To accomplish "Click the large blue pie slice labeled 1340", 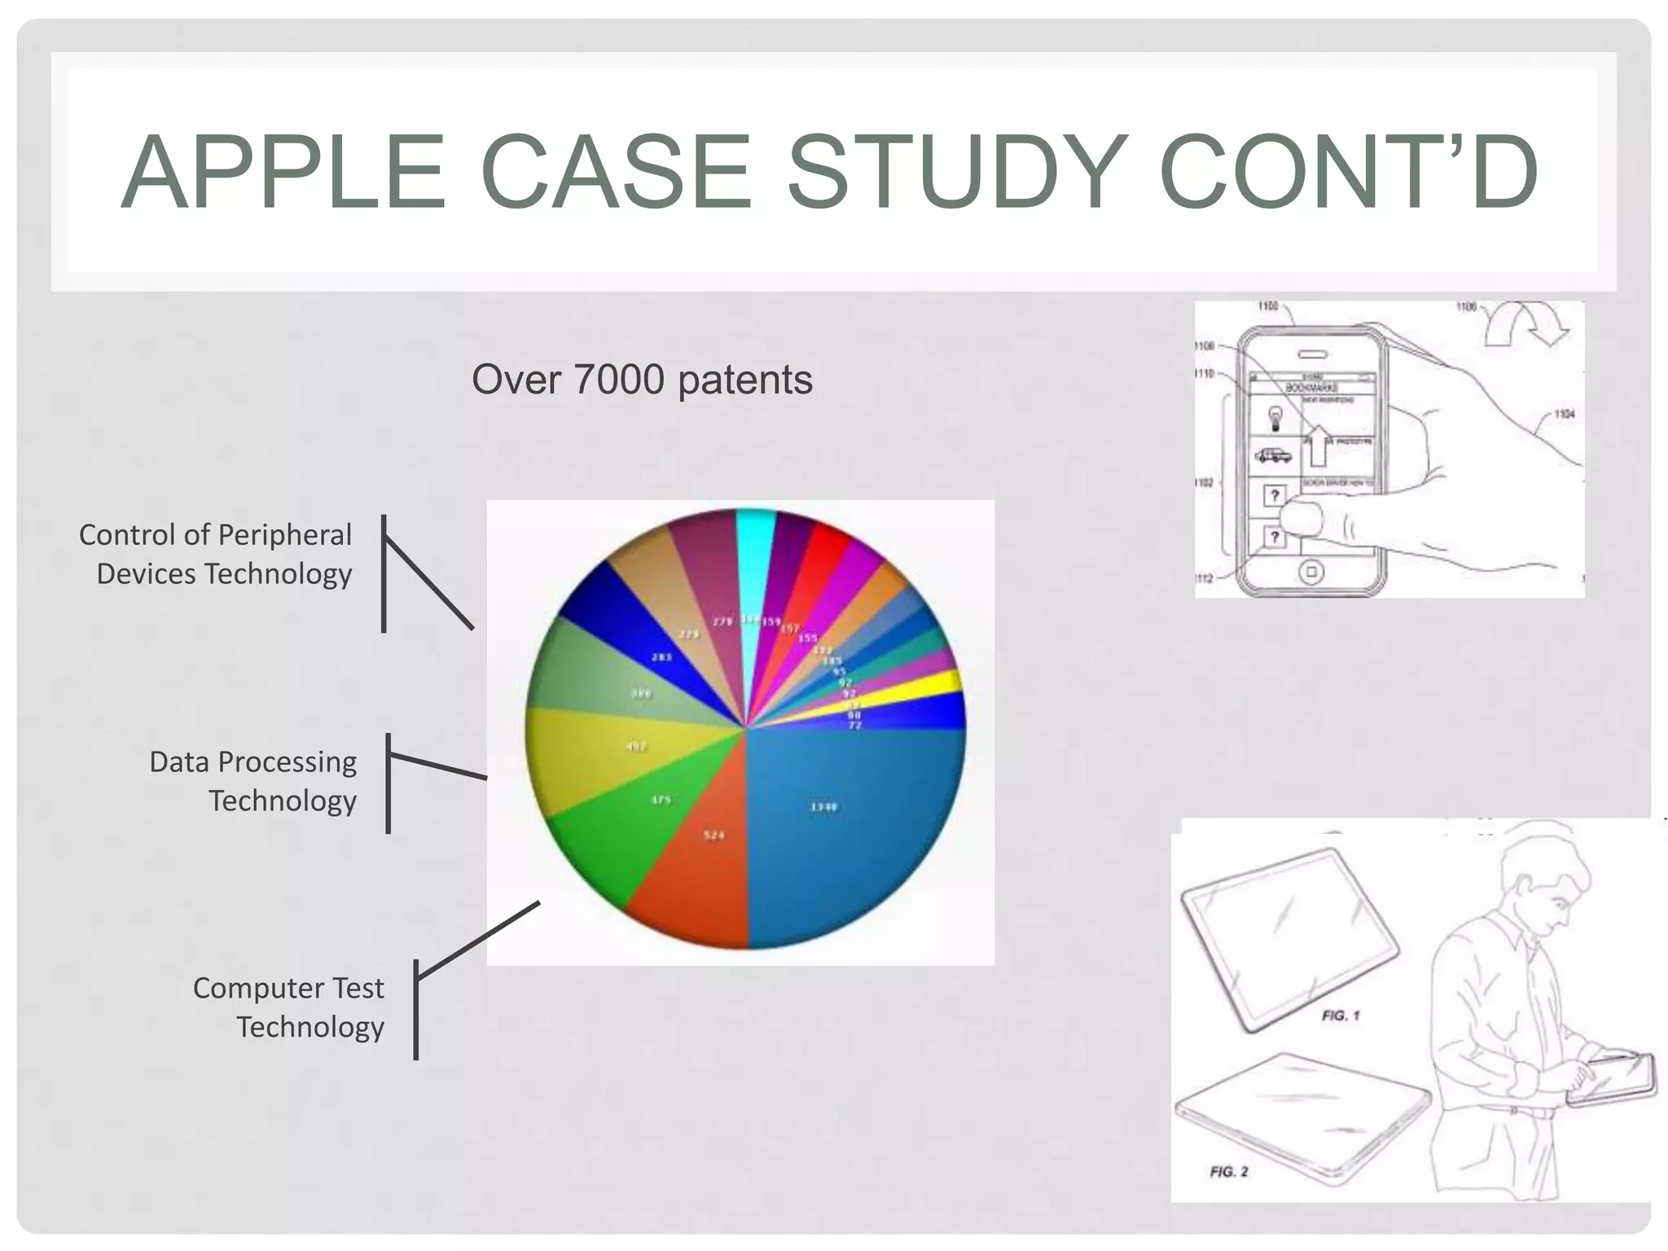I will click(x=847, y=823).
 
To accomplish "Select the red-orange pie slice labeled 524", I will click(x=700, y=871).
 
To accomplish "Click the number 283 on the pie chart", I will click(x=661, y=656).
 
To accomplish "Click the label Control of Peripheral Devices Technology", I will click(x=216, y=554).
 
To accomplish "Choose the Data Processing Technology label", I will click(x=252, y=781).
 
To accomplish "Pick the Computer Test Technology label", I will click(x=288, y=1007).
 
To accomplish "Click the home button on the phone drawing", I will click(x=1310, y=572).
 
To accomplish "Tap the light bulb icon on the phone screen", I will click(x=1275, y=419).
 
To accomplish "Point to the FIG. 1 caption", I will click(x=1341, y=1016).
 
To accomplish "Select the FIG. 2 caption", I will click(x=1229, y=1171).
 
